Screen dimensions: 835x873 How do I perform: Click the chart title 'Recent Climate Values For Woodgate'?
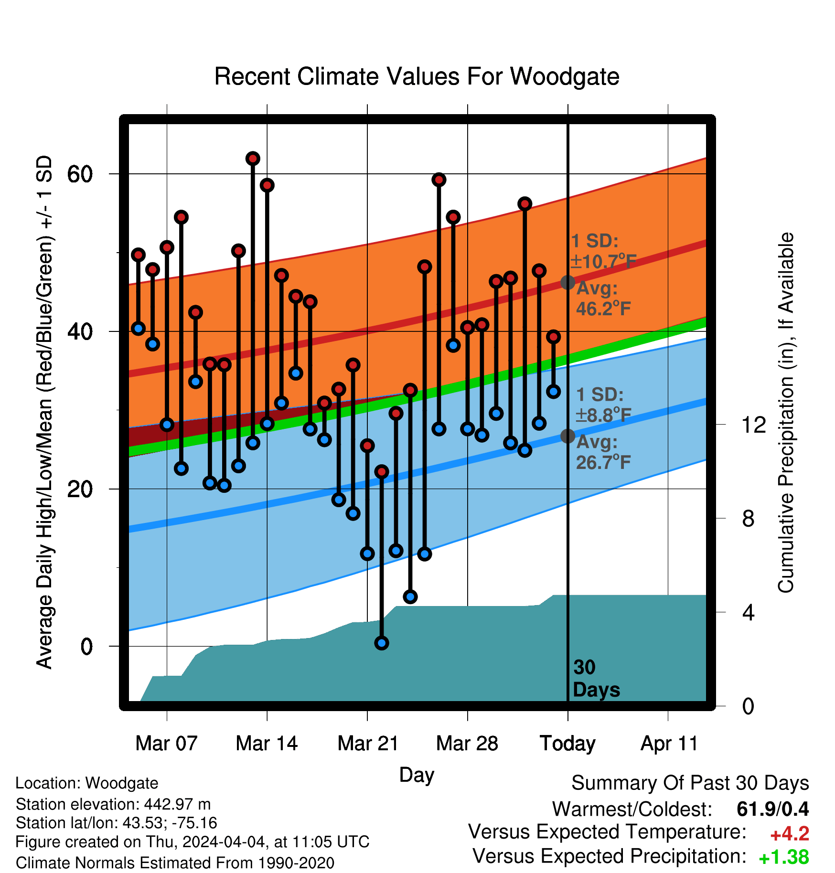tap(417, 76)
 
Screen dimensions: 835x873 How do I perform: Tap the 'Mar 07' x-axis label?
tap(166, 744)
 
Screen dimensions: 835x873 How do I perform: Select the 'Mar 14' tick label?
tap(267, 744)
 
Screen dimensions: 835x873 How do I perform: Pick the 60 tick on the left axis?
tap(80, 174)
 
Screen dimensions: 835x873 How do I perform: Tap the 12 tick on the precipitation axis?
tap(754, 425)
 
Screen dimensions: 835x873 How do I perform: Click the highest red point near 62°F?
tap(253, 159)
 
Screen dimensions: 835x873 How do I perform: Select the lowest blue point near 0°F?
tap(382, 643)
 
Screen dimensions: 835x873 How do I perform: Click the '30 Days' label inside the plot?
tap(596, 679)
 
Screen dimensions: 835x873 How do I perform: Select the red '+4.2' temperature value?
tap(790, 834)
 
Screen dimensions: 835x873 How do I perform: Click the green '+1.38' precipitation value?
tap(784, 857)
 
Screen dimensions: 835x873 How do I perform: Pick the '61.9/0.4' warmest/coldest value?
tap(773, 809)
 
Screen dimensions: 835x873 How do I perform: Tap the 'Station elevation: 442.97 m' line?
tap(113, 804)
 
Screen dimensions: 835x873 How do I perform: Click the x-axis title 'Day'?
tap(417, 775)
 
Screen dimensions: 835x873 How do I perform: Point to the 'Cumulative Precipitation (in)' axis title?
tap(786, 413)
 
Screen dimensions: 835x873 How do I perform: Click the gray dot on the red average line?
tap(567, 282)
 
